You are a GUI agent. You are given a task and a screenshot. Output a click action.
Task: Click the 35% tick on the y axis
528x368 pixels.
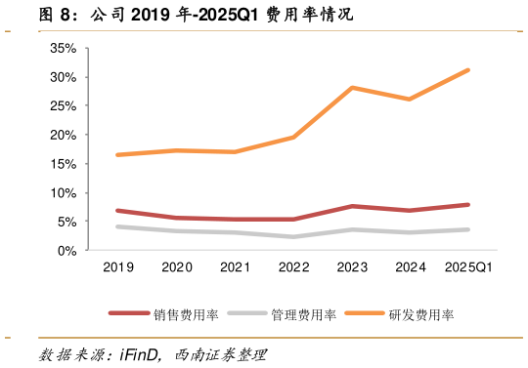click(64, 48)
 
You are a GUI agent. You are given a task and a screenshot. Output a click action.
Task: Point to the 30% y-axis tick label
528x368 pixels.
click(64, 77)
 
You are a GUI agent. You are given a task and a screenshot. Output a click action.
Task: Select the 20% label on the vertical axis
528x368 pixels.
click(64, 135)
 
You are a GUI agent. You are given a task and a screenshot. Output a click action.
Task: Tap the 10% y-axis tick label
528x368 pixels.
click(64, 192)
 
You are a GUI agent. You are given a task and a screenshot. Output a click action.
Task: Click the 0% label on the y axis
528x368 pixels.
click(66, 250)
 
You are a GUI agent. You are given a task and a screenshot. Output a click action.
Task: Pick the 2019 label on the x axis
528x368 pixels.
click(117, 267)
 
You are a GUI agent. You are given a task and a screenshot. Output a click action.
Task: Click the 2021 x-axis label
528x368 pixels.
click(235, 267)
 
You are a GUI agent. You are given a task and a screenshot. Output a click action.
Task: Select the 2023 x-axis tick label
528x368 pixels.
click(352, 267)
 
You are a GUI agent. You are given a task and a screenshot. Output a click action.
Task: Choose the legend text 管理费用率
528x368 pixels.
click(304, 314)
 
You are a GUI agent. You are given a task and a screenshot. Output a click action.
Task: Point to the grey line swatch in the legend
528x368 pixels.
click(247, 314)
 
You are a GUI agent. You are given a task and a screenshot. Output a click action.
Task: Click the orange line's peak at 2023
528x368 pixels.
click(352, 88)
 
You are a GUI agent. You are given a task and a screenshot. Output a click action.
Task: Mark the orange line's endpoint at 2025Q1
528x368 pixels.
click(468, 70)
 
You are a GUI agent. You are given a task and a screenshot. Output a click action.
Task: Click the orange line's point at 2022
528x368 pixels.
click(293, 138)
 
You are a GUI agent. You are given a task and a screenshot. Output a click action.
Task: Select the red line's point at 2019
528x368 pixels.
click(117, 211)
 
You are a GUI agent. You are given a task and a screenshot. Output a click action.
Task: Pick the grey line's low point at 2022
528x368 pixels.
click(293, 237)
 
